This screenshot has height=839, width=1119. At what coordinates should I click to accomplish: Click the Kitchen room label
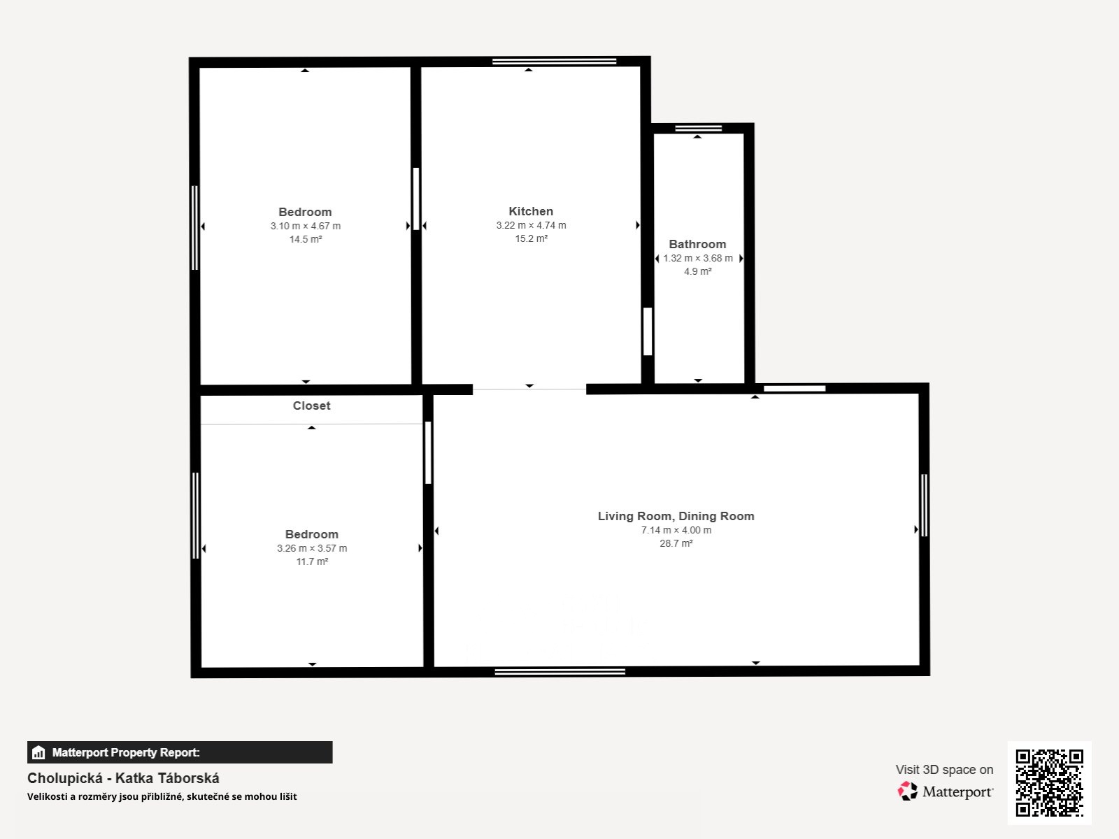(531, 211)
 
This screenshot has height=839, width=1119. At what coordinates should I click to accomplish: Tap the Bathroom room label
(697, 245)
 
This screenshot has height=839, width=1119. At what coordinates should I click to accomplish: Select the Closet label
(311, 406)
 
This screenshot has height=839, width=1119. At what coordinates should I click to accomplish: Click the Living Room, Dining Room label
(676, 517)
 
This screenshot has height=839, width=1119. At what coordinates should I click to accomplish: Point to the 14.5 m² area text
(306, 239)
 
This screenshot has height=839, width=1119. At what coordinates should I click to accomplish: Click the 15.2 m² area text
(532, 239)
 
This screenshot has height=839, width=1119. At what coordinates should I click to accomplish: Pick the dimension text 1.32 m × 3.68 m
(698, 258)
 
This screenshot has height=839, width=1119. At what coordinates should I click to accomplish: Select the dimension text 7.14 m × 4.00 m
(676, 530)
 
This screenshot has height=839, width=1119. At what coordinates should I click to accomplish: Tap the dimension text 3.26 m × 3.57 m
(312, 549)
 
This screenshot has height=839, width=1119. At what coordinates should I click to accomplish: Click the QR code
(1049, 782)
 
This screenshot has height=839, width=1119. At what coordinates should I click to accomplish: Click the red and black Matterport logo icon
(907, 791)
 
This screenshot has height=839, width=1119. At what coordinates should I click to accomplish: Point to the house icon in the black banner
(38, 752)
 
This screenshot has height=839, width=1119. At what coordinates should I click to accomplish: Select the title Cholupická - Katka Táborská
(123, 778)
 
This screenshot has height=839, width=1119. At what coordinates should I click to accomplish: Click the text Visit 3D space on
(944, 770)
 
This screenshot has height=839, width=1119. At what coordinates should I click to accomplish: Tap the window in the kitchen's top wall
(554, 62)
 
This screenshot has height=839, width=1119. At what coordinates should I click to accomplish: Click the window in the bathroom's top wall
(699, 129)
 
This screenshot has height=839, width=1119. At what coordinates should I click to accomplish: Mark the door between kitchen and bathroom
(648, 331)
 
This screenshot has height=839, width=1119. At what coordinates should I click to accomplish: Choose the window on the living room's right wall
(925, 505)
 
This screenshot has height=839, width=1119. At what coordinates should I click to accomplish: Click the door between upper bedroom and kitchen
(416, 199)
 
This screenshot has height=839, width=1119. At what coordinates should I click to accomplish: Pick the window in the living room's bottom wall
(559, 672)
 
